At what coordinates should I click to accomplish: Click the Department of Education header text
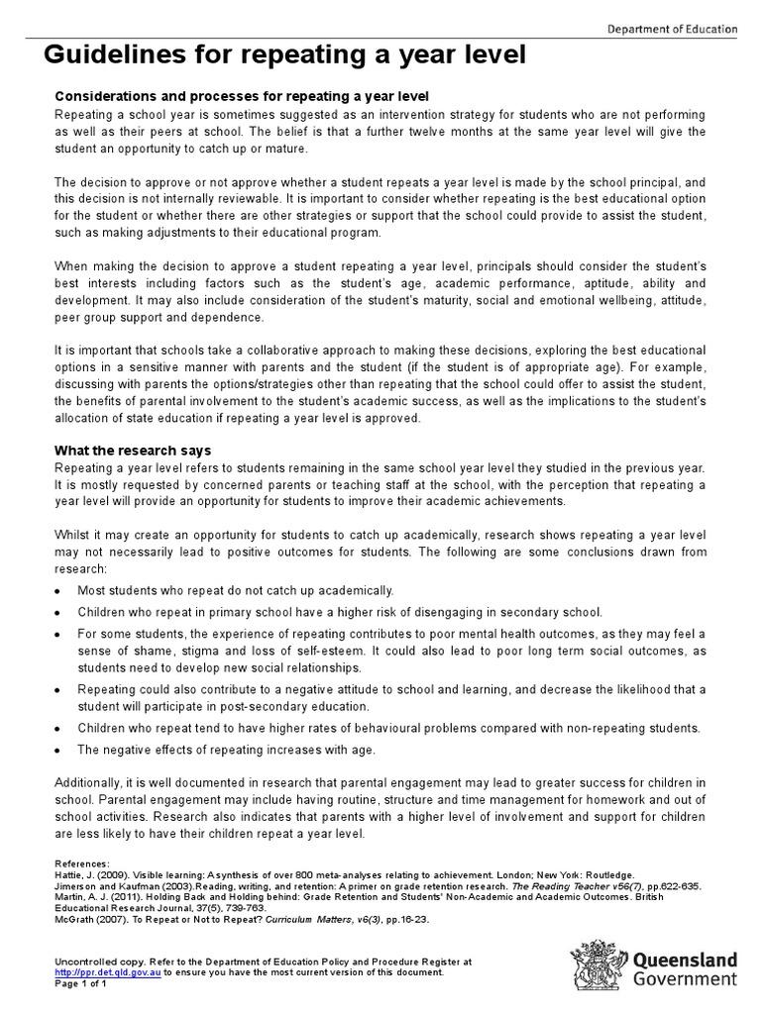click(672, 29)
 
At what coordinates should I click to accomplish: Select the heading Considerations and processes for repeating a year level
click(241, 96)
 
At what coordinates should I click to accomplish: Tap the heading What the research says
click(132, 451)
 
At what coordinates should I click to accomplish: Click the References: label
click(82, 864)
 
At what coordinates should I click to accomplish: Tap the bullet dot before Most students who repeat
click(59, 590)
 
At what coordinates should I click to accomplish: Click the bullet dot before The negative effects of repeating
click(59, 751)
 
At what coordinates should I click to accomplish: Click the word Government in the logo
click(685, 979)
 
